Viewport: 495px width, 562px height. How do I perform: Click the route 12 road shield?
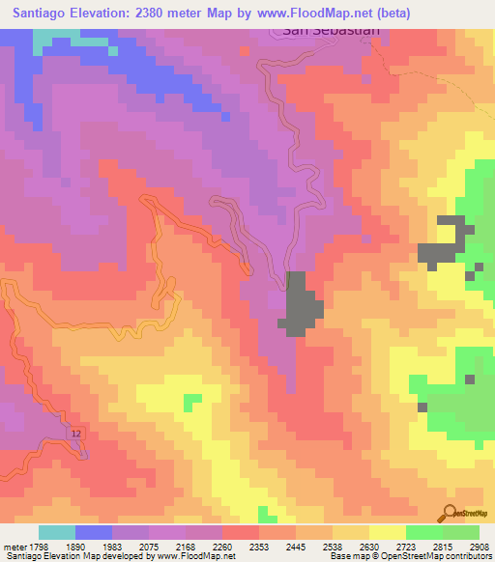tap(76, 436)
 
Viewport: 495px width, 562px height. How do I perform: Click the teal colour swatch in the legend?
tap(57, 532)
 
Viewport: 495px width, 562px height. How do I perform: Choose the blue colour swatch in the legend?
tap(94, 532)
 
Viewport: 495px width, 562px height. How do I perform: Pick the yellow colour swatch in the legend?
tap(388, 532)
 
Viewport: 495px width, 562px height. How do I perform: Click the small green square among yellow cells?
tap(192, 399)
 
